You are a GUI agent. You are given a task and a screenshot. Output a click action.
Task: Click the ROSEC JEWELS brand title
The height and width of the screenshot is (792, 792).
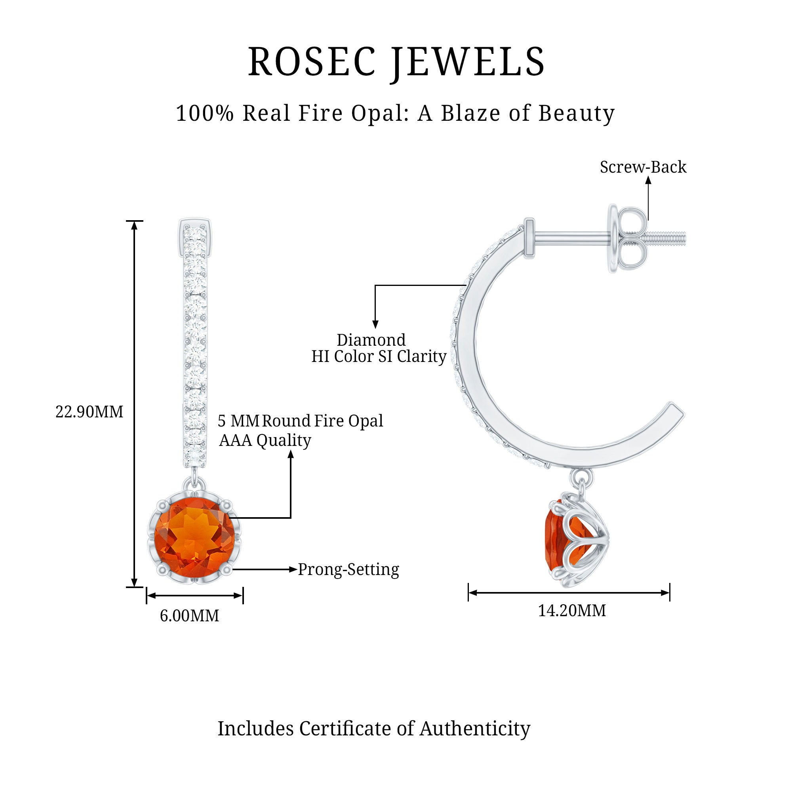coord(396,62)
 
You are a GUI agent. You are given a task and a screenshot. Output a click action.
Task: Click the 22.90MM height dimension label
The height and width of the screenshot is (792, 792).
coord(89,412)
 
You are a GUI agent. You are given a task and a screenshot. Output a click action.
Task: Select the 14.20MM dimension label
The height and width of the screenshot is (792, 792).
coord(572,611)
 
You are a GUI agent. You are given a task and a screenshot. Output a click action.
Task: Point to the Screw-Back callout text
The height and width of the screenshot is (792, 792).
coord(643,167)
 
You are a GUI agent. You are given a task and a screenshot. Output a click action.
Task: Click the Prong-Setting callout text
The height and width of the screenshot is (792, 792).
coord(348,570)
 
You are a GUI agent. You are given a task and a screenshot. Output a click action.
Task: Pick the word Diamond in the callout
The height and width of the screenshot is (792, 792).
coord(371,340)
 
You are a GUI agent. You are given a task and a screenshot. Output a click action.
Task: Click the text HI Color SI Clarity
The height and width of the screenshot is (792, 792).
coord(378,357)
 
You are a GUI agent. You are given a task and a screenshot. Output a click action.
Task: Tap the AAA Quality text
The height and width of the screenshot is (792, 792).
coord(265,441)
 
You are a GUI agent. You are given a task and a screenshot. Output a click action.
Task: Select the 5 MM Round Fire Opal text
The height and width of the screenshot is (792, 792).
coord(300,421)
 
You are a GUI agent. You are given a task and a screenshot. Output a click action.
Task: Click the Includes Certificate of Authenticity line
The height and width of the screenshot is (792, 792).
coord(374,729)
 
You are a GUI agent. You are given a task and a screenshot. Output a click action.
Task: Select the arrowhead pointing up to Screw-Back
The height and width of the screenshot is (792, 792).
coord(648,180)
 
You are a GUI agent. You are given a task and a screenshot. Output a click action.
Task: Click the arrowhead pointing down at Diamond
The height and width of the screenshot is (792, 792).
coord(375,324)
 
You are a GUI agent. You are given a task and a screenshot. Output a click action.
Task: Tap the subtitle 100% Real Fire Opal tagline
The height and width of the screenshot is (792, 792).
coord(395,113)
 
